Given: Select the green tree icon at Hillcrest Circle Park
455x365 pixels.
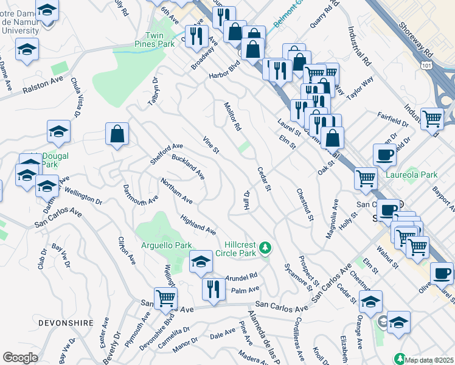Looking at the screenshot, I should [265, 248].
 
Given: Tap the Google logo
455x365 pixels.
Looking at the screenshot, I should [20, 358].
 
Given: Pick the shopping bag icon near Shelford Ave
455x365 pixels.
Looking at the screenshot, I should [116, 134].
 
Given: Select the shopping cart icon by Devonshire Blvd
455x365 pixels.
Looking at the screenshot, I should [166, 297].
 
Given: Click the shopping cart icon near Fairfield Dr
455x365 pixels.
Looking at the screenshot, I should [432, 119].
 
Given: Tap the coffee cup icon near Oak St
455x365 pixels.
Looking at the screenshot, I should [384, 155].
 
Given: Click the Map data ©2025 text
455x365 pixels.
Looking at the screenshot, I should [428, 360].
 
